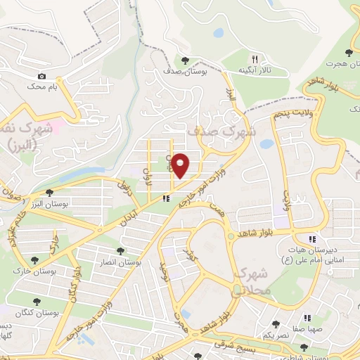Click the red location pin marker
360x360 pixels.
click(x=181, y=165)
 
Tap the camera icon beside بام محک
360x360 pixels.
click(x=42, y=76)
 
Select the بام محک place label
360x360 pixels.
click(x=41, y=86)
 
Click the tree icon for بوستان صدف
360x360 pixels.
click(x=185, y=60)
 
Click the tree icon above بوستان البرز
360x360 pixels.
click(x=49, y=192)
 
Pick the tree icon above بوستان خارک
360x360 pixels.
click(x=34, y=260)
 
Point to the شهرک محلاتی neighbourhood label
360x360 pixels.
click(x=248, y=279)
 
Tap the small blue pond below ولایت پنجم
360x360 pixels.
click(x=266, y=144)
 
